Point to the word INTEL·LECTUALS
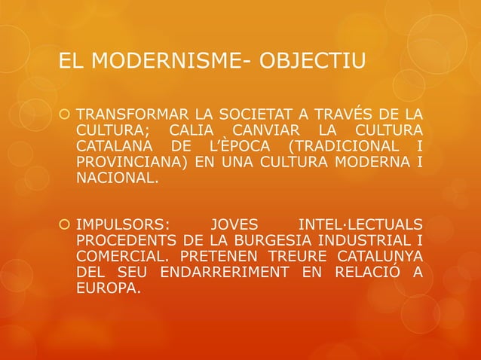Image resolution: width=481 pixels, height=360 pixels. [x=361, y=224]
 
